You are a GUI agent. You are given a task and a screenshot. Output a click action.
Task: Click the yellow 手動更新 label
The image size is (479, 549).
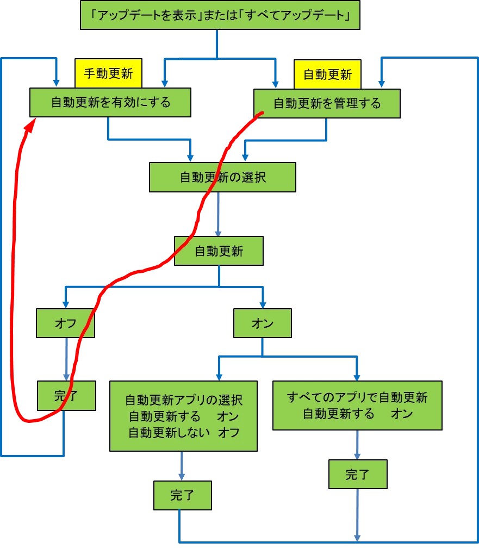coord(108,74)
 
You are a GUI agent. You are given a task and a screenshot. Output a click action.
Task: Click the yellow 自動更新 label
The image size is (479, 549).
coord(327,74)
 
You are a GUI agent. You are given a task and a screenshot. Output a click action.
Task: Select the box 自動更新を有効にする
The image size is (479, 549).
coord(110,102)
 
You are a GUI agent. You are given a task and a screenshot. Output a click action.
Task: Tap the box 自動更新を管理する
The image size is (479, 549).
coord(327,103)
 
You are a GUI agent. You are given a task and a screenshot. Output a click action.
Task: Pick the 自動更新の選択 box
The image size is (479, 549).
coord(222,177)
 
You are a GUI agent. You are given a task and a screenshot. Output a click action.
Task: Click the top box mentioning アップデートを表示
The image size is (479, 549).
coord(220,15)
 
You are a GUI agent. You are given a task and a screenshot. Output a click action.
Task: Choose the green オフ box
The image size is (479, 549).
coord(65,323)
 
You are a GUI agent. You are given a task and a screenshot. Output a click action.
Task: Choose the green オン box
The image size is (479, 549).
coord(263,323)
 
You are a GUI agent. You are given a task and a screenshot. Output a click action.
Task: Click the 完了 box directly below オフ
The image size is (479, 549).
coord(66,395)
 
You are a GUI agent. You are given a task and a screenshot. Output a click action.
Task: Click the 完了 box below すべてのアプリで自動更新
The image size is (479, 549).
coord(357,475)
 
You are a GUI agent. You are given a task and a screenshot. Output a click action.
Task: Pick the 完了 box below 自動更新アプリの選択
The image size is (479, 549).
coord(182,495)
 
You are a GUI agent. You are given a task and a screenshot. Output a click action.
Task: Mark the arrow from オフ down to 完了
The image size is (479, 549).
coord(67,359)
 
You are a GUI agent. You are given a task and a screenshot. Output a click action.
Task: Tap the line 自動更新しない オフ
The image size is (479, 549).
coord(183,433)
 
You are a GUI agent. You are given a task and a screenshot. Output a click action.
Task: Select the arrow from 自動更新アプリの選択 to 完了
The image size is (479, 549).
coord(182,466)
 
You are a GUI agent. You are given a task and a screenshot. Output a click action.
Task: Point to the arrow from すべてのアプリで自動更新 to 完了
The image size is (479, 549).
coord(357,445)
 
